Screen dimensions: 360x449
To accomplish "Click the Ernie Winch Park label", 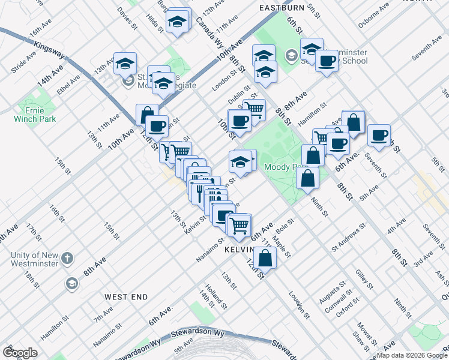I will click(x=35, y=114).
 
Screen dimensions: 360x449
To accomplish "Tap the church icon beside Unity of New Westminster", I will click(x=68, y=259).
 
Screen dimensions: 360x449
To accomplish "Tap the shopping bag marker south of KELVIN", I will click(x=265, y=259).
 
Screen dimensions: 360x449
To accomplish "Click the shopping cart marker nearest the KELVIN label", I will click(x=239, y=225).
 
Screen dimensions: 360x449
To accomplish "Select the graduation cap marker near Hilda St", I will click(x=177, y=22).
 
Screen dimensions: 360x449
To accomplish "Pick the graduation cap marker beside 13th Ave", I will click(x=125, y=63).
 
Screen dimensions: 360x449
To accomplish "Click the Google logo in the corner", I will click(x=19, y=352).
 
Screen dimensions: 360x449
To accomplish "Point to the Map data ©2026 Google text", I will click(x=412, y=355).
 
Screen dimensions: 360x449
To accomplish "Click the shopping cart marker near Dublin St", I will click(x=254, y=109).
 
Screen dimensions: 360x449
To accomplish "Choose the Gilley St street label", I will click(x=360, y=281).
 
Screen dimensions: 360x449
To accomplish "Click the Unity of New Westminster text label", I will click(x=35, y=259).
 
